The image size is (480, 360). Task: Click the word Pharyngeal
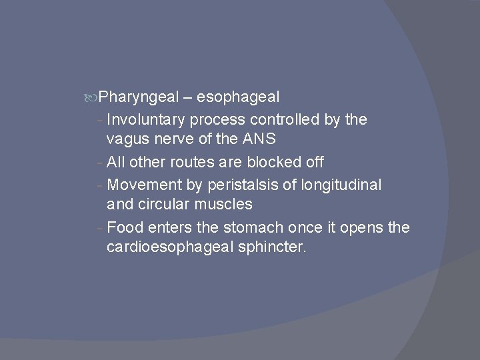[139, 97]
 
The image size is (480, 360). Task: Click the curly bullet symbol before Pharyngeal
[92, 98]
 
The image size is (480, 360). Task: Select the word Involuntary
[145, 119]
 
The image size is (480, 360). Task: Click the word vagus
[127, 140]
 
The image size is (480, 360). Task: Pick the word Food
[125, 227]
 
